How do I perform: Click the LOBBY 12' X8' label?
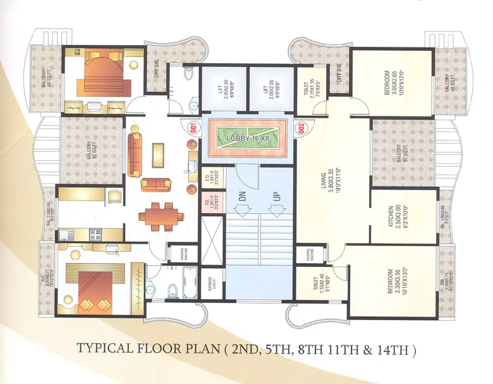click(x=246, y=134)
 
